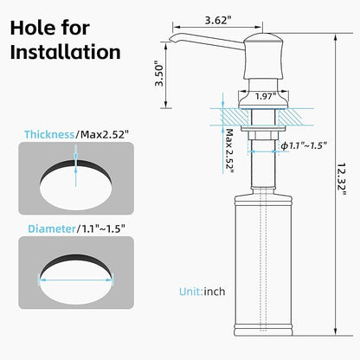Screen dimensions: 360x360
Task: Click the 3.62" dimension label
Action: pyautogui.click(x=218, y=20)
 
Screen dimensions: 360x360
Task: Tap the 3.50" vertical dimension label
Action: pyautogui.click(x=159, y=74)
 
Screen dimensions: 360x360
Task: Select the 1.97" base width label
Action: pyautogui.click(x=266, y=96)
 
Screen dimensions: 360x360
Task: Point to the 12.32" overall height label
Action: pyautogui.click(x=342, y=179)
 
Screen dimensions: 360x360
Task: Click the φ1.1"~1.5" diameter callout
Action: pyautogui.click(x=304, y=145)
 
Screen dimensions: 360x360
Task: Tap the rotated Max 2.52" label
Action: pyautogui.click(x=229, y=151)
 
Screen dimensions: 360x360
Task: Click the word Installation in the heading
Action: pyautogui.click(x=66, y=52)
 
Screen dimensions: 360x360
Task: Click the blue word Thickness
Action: pyautogui.click(x=49, y=134)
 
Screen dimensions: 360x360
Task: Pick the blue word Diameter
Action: pyautogui.click(x=52, y=228)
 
